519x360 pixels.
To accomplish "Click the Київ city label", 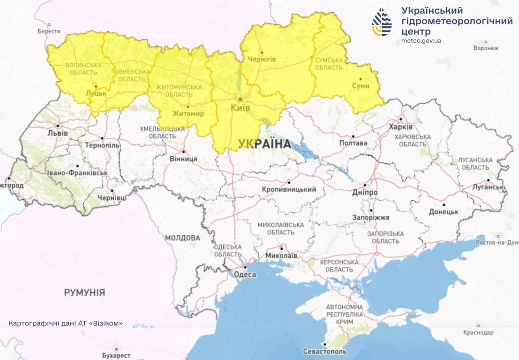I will pos(241,108).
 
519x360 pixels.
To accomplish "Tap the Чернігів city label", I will pos(262,59).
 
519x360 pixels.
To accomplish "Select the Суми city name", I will pos(361,86).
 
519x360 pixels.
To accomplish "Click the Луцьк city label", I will pos(96,93).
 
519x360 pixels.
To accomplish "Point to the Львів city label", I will pos(57,133).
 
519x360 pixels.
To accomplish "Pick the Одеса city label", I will pos(245,274).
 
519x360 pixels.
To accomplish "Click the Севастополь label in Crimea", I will pos(325,351).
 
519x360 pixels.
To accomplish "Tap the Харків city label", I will pos(401,127).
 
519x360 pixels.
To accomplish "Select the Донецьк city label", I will pos(444,212).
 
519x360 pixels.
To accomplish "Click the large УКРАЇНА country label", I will pos(264,143).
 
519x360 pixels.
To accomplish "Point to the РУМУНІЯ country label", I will pos(84,292).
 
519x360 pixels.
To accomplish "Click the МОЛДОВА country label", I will pos(182,238).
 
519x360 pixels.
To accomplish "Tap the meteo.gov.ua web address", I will pos(421,41).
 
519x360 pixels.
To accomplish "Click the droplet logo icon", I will pos(382,22).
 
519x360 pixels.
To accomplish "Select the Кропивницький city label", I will pos(289,189).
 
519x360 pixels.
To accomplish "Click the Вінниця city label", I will pos(183,159).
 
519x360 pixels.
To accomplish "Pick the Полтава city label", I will pos(353,143).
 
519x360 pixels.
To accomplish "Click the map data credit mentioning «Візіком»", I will pos(66,323).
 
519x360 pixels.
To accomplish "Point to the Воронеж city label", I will pos(486,48).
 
